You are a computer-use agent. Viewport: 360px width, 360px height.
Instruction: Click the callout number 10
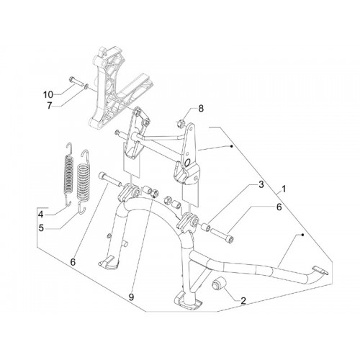[48, 94]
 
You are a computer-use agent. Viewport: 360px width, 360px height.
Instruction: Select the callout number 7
[49, 106]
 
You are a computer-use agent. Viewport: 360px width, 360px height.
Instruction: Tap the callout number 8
[201, 109]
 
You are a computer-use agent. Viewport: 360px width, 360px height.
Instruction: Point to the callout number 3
[261, 184]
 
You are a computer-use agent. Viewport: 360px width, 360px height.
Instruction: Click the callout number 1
[284, 189]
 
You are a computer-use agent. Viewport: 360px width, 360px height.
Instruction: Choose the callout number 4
[41, 215]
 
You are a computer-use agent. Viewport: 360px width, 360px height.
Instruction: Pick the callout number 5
[41, 228]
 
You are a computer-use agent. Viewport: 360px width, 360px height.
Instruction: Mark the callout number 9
[131, 297]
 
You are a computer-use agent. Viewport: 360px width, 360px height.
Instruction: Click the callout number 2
[243, 300]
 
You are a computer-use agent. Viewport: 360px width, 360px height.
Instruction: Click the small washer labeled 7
[86, 86]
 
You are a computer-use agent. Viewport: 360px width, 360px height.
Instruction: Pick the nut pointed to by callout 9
[155, 192]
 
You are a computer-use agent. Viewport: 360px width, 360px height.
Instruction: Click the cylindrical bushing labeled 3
[206, 227]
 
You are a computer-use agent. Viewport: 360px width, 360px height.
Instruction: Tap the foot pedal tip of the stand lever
[320, 270]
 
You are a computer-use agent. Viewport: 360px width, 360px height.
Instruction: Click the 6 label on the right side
[279, 207]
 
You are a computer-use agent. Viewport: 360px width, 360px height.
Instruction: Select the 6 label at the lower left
[73, 262]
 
